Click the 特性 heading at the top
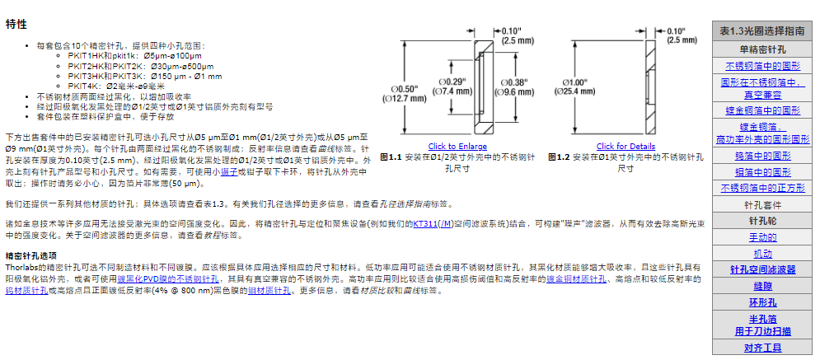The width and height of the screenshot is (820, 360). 16,24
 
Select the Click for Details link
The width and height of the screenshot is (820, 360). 626,146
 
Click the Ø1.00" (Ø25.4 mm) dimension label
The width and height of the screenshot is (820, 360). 581,87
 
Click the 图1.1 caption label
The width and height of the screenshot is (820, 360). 390,156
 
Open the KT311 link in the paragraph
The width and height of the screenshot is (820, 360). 424,223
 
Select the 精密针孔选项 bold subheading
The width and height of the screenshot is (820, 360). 31,256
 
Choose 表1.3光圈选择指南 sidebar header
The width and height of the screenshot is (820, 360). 761,30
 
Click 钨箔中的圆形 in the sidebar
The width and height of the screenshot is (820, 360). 762,156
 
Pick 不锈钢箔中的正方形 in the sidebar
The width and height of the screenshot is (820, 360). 762,187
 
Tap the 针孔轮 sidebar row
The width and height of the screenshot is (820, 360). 762,220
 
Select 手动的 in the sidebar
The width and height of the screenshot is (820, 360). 762,236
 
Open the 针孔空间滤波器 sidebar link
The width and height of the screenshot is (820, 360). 762,269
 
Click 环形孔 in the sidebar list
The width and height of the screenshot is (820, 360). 762,302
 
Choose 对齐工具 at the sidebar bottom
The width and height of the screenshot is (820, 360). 762,348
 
